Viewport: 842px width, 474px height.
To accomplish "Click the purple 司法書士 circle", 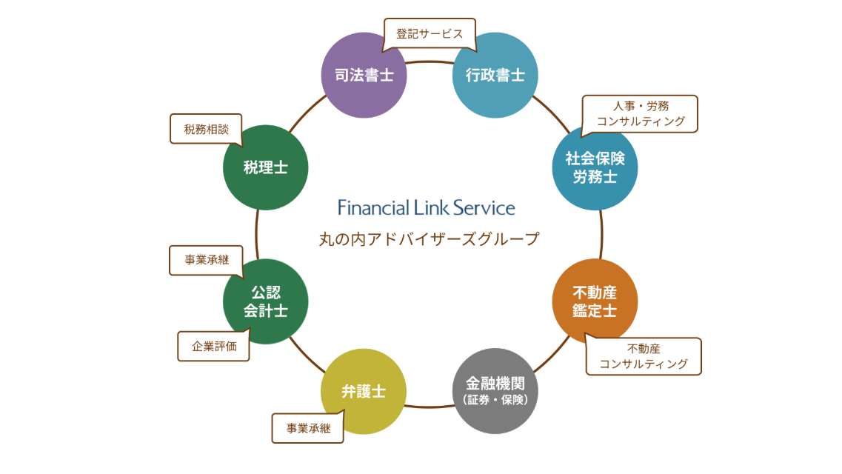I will (364, 75).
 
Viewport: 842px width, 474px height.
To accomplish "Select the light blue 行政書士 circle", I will (495, 75).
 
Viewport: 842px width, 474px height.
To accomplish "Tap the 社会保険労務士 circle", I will (595, 167).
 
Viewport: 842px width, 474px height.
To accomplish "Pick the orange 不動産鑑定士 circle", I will (595, 301).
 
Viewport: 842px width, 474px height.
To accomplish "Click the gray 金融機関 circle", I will (495, 391).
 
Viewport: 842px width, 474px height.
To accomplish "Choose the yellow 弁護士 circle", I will (364, 391).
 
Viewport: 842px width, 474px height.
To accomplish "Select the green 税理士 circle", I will (265, 167).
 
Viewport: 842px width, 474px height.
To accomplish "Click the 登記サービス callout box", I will (430, 34).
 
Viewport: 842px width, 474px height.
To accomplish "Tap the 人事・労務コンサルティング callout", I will (641, 113).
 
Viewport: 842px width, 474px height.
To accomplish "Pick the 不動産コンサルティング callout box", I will (644, 356).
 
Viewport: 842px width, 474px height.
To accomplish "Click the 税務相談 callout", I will (207, 129).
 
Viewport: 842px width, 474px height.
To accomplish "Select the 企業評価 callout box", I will (214, 346).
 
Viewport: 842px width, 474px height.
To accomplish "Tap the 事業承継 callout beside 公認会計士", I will (207, 260).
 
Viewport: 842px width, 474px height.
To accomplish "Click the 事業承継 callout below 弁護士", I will (308, 428).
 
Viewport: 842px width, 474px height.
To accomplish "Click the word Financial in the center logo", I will (374, 207).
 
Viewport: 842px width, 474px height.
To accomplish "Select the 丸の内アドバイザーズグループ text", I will (429, 239).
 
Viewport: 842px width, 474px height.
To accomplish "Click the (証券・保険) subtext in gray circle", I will (495, 400).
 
